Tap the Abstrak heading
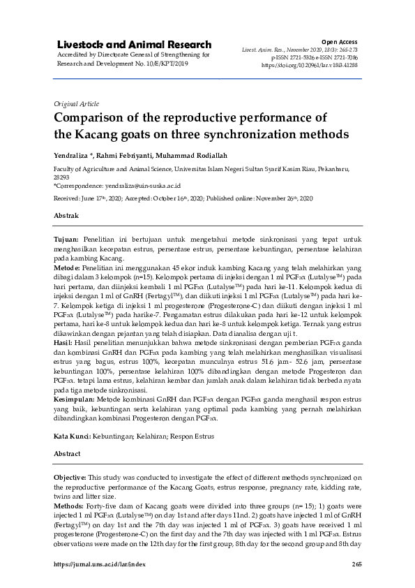[x=66, y=217]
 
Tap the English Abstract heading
[x=68, y=453]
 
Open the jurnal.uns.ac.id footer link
[x=100, y=564]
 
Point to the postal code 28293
[x=62, y=177]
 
